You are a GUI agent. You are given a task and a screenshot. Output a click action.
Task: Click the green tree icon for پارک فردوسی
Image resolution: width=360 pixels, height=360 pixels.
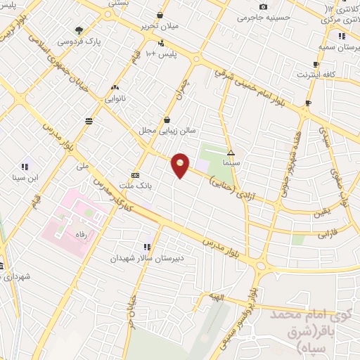coord(79,30)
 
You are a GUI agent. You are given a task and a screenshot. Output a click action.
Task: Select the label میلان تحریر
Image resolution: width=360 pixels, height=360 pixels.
coord(160,26)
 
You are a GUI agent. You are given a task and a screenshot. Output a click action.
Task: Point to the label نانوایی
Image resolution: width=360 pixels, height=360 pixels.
coord(115,99)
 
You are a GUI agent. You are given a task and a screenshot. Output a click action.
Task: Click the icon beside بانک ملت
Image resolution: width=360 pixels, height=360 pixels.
coord(135,175)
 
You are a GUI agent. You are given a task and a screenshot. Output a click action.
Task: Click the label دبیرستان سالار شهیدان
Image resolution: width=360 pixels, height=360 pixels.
coord(146,258)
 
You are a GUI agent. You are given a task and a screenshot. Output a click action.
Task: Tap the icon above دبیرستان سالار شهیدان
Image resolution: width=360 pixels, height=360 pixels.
coord(146,247)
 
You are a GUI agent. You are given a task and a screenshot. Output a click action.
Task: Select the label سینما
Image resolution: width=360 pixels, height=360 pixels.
coord(231,162)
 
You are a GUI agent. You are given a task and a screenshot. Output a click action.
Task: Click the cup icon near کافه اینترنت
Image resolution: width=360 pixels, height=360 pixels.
coord(307,103)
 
